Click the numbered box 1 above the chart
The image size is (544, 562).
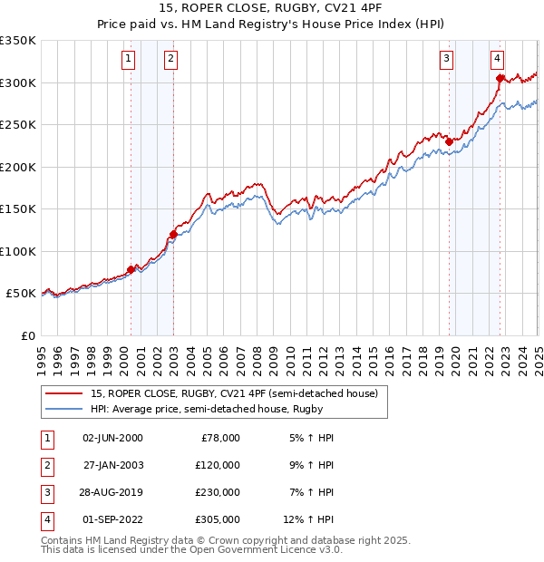tap(128, 60)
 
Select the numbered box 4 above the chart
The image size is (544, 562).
tap(498, 60)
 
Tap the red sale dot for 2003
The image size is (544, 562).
tap(173, 235)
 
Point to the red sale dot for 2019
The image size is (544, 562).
tap(449, 141)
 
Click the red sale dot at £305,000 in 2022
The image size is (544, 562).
tap(500, 78)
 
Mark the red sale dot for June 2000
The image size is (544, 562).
tap(131, 269)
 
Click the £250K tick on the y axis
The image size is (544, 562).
tap(18, 125)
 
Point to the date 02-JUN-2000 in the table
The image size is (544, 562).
tap(112, 437)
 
